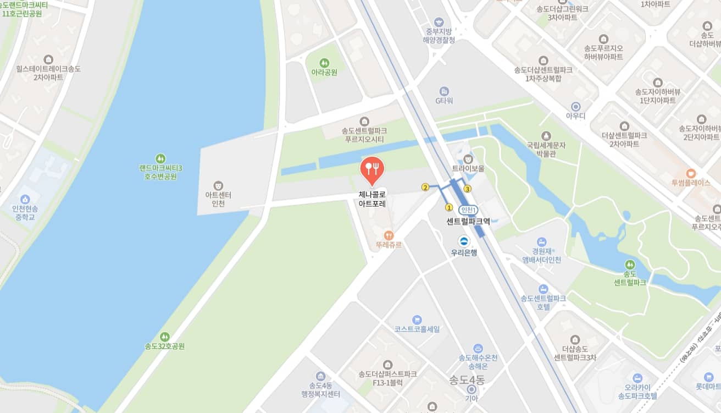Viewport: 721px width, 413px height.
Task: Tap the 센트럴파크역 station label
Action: pyautogui.click(x=468, y=221)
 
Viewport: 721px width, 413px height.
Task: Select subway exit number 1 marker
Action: pyautogui.click(x=449, y=208)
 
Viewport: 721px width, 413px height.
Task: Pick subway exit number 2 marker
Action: pyautogui.click(x=425, y=187)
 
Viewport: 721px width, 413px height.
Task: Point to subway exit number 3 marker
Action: pyautogui.click(x=468, y=189)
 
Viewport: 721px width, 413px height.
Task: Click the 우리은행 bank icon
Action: pyautogui.click(x=464, y=241)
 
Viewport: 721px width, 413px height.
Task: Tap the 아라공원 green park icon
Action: pyautogui.click(x=324, y=63)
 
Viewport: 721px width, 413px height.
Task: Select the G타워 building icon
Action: pyautogui.click(x=444, y=91)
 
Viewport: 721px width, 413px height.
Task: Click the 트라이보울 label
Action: pyautogui.click(x=468, y=169)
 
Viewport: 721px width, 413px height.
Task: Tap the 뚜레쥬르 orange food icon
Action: pyautogui.click(x=389, y=235)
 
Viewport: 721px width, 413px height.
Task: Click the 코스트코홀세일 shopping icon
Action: pyautogui.click(x=417, y=320)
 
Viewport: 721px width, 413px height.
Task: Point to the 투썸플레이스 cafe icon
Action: pyautogui.click(x=691, y=173)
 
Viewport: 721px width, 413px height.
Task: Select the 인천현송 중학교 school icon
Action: pyautogui.click(x=25, y=199)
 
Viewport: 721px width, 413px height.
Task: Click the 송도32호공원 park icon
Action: pyautogui.click(x=164, y=337)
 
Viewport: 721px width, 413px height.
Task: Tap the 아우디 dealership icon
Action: pyautogui.click(x=575, y=106)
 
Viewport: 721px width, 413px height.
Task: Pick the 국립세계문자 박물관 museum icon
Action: pyautogui.click(x=546, y=136)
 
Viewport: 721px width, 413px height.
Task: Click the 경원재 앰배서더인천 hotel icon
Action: pyautogui.click(x=542, y=241)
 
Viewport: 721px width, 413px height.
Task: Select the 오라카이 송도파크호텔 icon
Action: pyautogui.click(x=637, y=378)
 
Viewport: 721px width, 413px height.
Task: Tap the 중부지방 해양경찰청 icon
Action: pyautogui.click(x=437, y=22)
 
